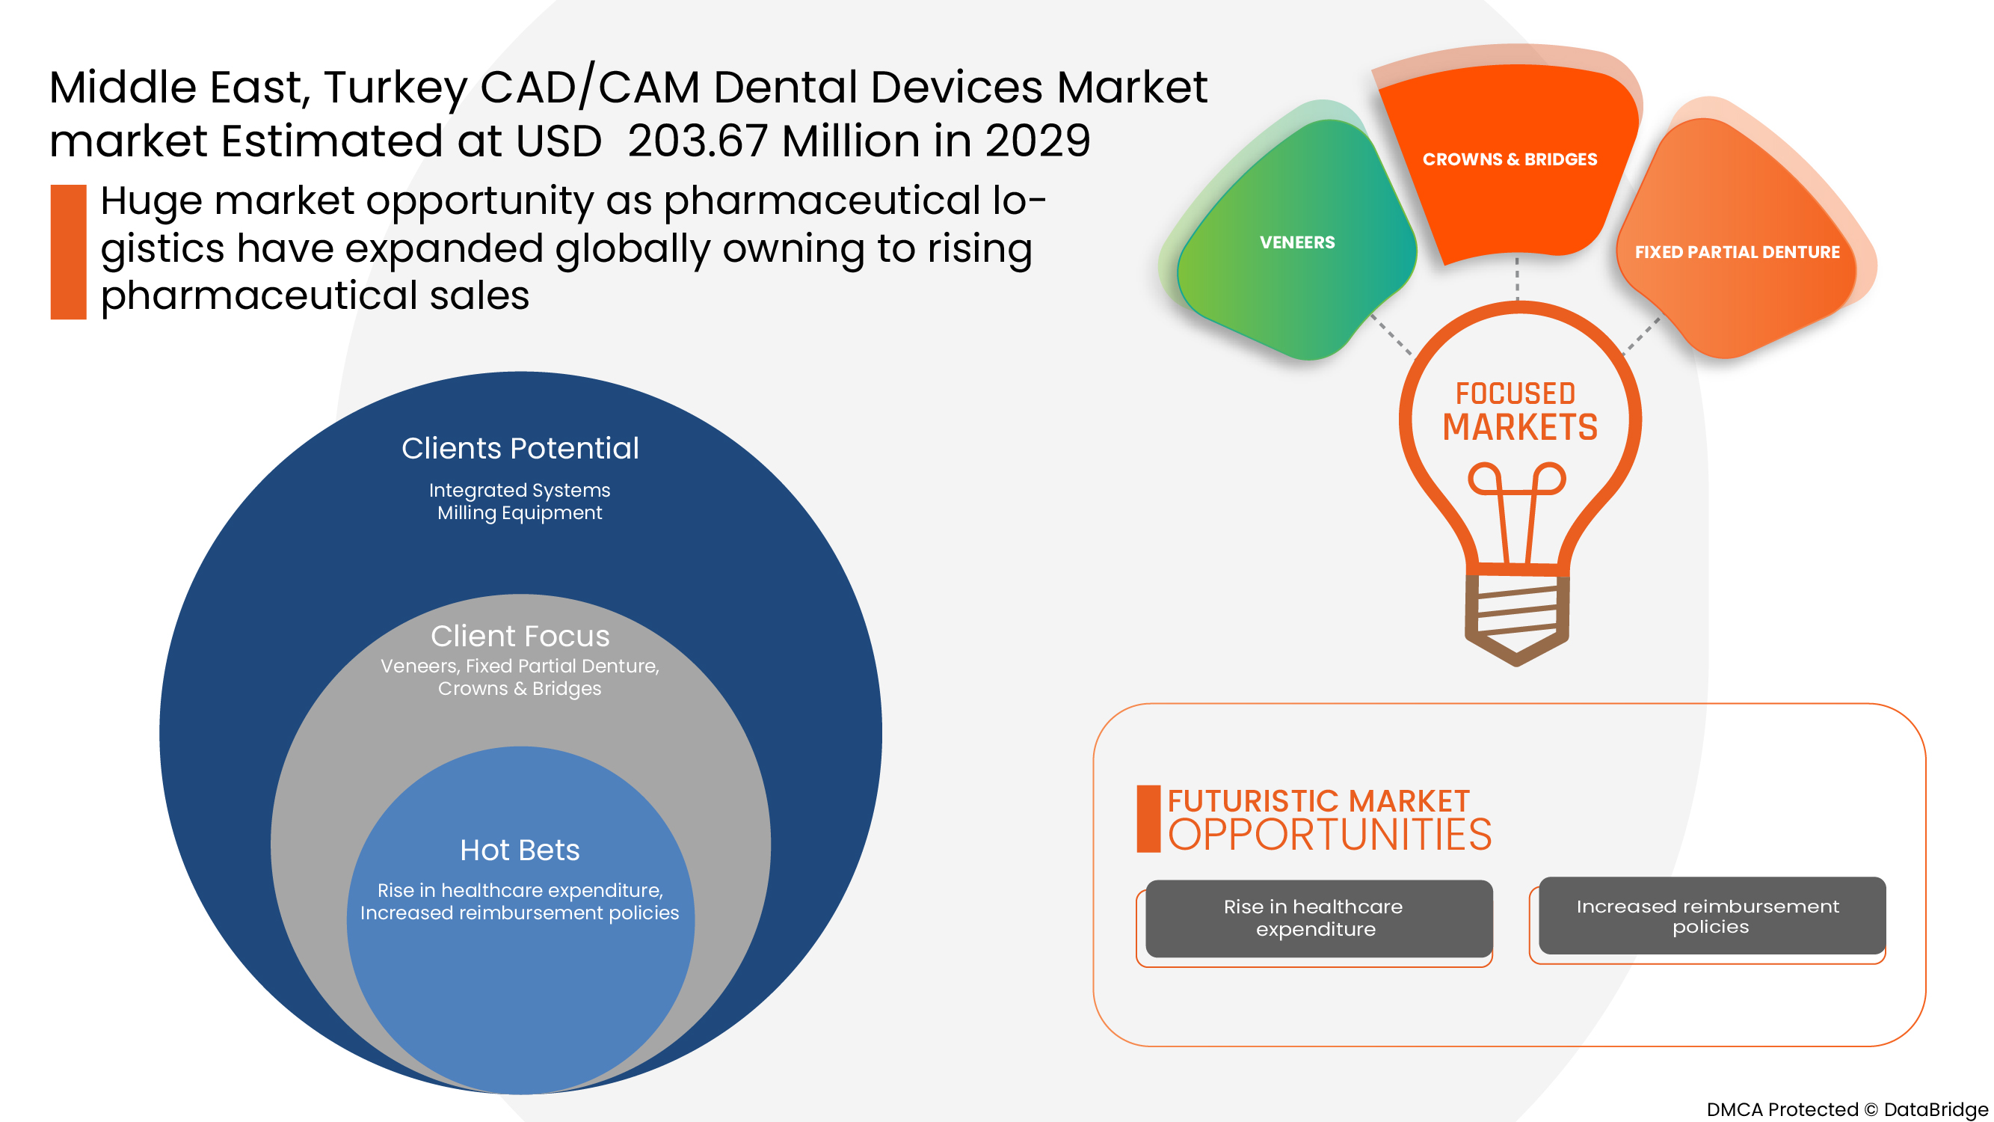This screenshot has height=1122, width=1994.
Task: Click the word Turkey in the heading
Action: pyautogui.click(x=396, y=88)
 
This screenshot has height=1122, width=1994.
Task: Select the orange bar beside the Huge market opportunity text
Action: pyautogui.click(x=68, y=251)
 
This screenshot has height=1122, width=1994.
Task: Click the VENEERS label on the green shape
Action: pyautogui.click(x=1296, y=242)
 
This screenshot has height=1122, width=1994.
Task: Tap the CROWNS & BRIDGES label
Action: pyautogui.click(x=1509, y=159)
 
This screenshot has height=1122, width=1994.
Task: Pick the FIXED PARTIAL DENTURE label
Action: pyautogui.click(x=1736, y=252)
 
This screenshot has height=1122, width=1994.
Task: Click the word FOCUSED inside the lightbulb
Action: pyautogui.click(x=1515, y=393)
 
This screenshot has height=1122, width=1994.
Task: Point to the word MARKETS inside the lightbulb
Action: pyautogui.click(x=1518, y=428)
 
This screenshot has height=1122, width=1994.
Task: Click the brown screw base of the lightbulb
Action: pyautogui.click(x=1516, y=616)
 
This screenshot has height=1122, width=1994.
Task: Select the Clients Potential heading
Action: pyautogui.click(x=520, y=448)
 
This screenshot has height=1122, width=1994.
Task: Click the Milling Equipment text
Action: pyautogui.click(x=520, y=512)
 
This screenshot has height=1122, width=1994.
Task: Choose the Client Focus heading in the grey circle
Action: pyautogui.click(x=520, y=636)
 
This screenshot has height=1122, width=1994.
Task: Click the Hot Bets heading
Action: pyautogui.click(x=520, y=850)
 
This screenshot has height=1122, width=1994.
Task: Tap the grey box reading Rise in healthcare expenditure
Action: pyautogui.click(x=1318, y=918)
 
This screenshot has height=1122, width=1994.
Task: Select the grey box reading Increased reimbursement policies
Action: pyautogui.click(x=1711, y=916)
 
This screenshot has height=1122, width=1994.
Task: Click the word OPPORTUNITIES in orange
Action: pyautogui.click(x=1329, y=836)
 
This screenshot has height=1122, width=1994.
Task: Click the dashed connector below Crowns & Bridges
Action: pyautogui.click(x=1516, y=279)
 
